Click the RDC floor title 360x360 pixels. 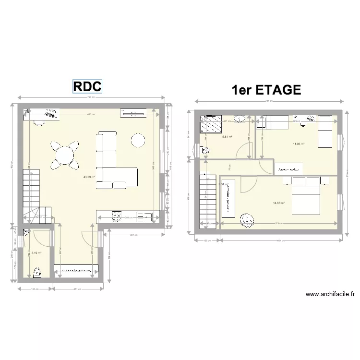[87, 86]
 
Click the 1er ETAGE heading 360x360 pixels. [266, 90]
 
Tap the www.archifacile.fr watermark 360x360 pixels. [329, 295]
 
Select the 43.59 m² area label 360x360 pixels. [89, 177]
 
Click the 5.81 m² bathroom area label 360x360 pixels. [227, 137]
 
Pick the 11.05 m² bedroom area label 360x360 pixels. [299, 144]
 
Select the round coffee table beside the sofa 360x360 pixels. [138, 140]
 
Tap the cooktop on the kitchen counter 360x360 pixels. [117, 216]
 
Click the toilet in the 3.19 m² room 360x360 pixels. [37, 273]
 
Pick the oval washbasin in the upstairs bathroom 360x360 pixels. [240, 119]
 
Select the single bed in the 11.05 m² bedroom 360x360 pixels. [326, 132]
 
